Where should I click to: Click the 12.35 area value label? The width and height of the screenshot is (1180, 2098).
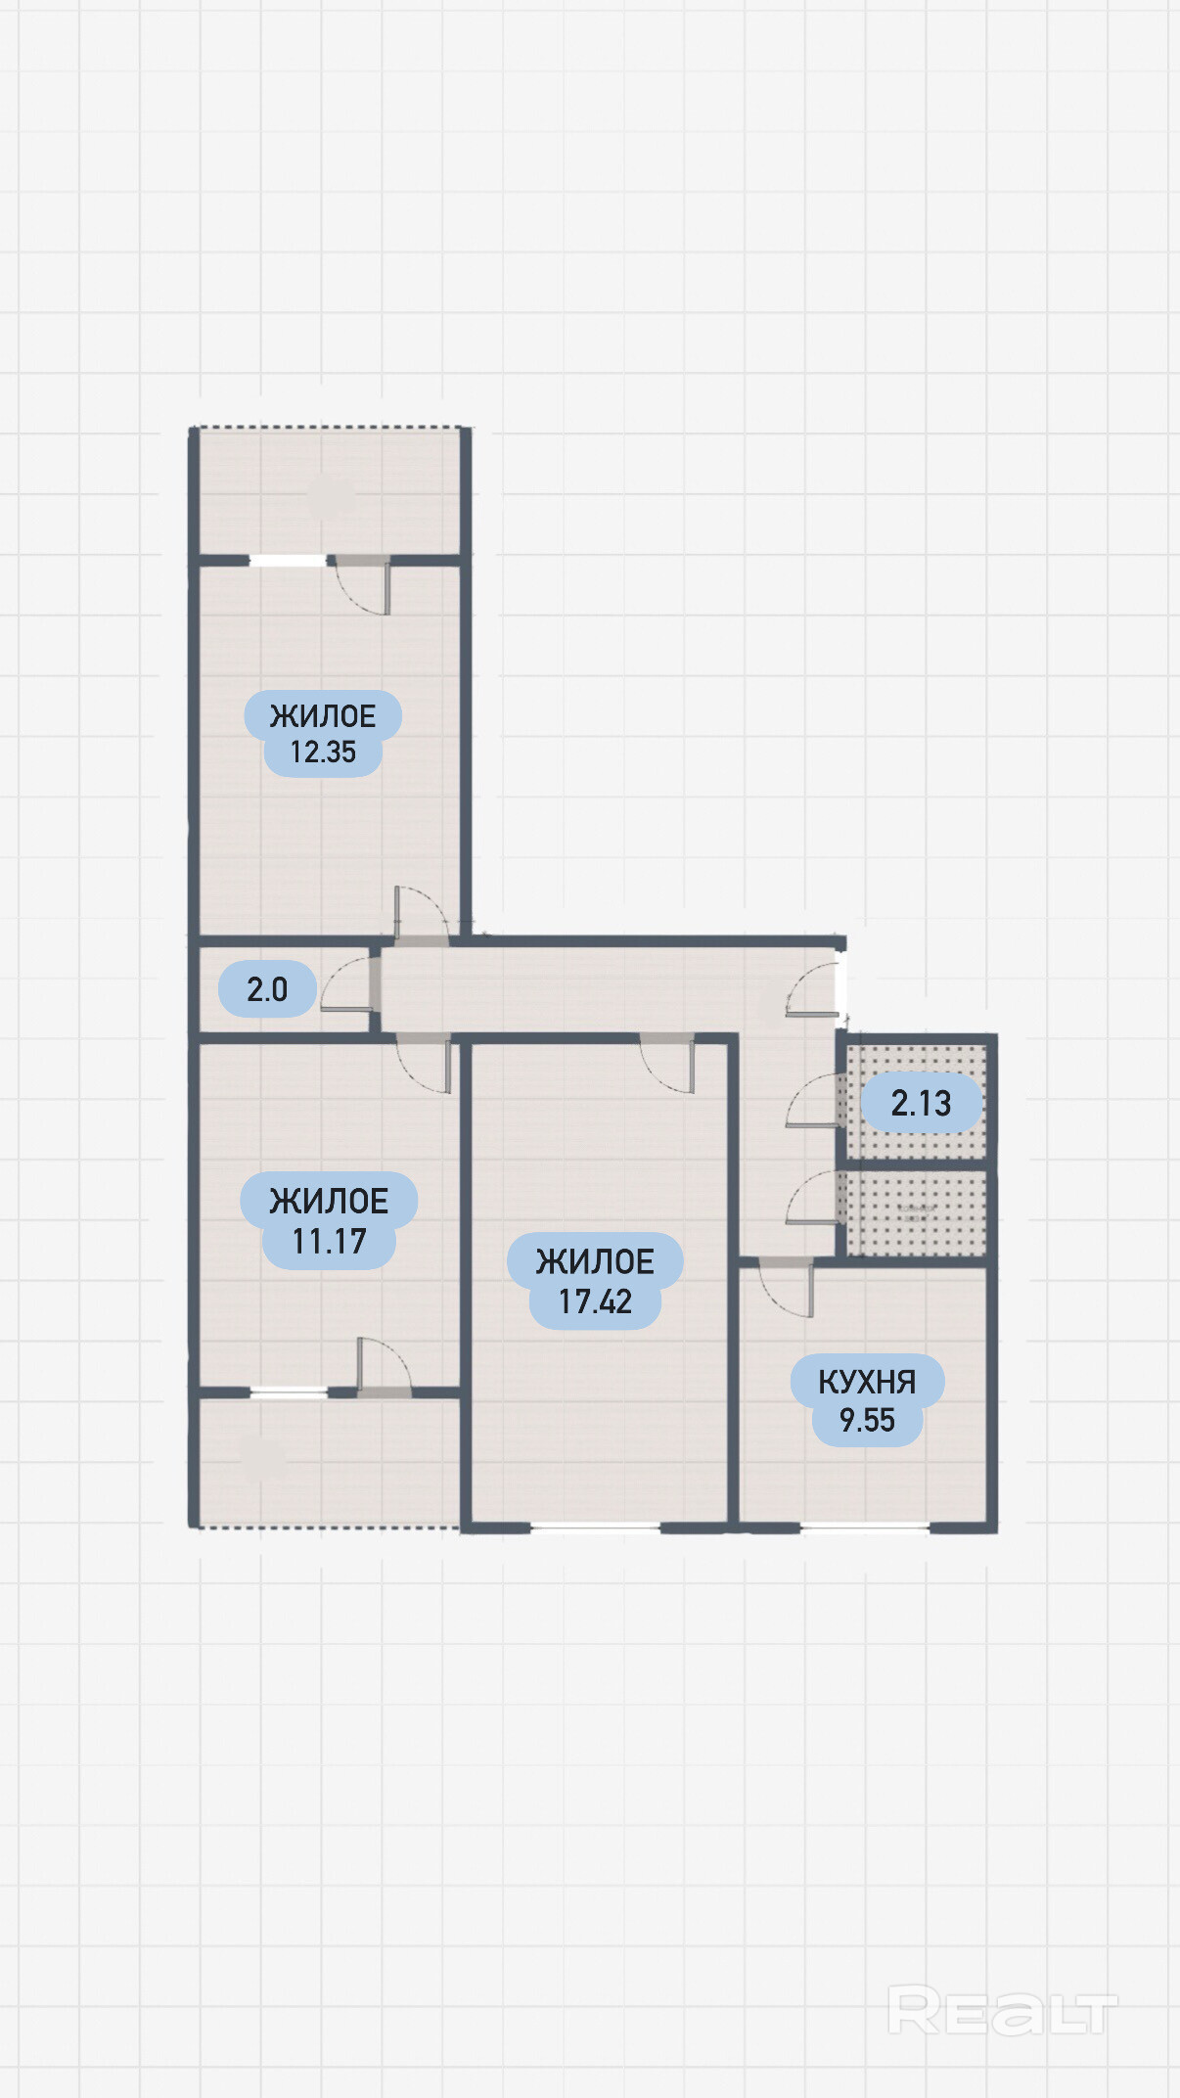click(x=323, y=753)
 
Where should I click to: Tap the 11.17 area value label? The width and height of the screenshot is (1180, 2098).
click(x=329, y=1242)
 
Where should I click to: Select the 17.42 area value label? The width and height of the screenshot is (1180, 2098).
click(x=595, y=1301)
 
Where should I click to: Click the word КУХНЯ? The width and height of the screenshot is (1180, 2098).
click(x=867, y=1382)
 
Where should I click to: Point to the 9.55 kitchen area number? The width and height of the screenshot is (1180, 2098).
click(x=867, y=1420)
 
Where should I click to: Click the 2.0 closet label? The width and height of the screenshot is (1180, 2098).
click(x=267, y=989)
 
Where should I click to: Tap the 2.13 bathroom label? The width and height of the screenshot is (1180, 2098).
click(x=921, y=1104)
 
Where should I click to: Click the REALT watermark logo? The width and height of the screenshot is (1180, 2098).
click(x=1002, y=2011)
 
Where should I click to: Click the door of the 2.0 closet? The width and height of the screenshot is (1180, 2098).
click(x=347, y=983)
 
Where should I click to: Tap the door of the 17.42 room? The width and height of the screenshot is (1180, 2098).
click(x=667, y=1064)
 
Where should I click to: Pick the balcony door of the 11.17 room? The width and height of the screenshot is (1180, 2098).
click(x=384, y=1364)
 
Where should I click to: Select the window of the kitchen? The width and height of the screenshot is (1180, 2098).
click(x=865, y=1527)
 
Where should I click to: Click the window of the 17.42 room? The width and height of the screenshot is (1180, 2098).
click(x=596, y=1527)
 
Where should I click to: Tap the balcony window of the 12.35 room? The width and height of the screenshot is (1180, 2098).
click(x=288, y=561)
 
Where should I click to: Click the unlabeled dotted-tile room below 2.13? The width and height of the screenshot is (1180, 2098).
click(x=916, y=1213)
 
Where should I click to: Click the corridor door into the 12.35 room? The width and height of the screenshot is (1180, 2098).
click(x=422, y=916)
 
